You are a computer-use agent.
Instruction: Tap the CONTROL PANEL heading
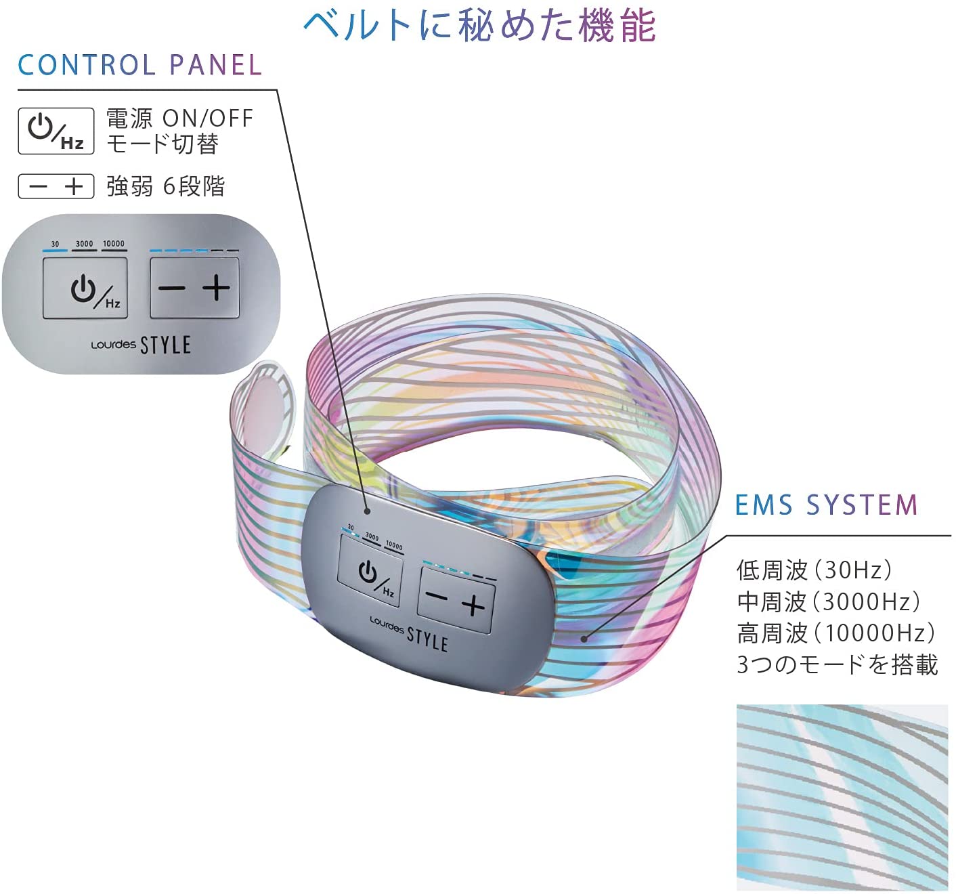click(139, 65)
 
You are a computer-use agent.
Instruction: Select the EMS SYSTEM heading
click(826, 505)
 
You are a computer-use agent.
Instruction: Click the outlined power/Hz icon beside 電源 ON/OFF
click(56, 131)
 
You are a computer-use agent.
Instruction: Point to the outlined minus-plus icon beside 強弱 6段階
click(56, 186)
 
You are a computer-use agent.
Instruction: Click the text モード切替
click(162, 144)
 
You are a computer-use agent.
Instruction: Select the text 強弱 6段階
click(165, 186)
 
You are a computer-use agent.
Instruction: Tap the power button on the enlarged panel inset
click(85, 288)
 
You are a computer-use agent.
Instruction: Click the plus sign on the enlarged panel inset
click(216, 288)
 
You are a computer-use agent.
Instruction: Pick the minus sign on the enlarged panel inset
click(172, 289)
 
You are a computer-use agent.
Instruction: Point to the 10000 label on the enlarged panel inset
click(114, 244)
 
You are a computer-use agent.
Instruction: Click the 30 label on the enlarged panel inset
click(55, 244)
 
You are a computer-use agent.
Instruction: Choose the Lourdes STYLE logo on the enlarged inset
click(141, 345)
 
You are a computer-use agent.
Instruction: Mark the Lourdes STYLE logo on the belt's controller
click(409, 635)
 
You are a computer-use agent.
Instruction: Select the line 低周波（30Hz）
click(814, 570)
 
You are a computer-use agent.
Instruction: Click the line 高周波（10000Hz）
click(836, 633)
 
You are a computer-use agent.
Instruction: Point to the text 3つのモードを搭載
click(837, 664)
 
